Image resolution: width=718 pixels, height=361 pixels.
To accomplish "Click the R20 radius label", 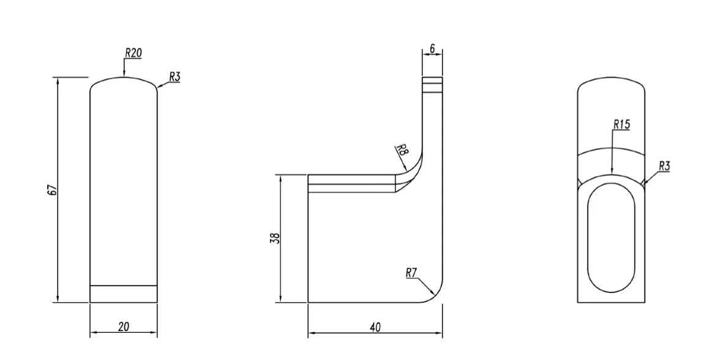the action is [x=133, y=53].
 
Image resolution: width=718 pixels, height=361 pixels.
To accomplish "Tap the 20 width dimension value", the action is [x=124, y=327].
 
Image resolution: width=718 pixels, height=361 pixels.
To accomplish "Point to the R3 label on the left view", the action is [x=174, y=77].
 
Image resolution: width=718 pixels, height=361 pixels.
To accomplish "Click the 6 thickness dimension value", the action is [x=433, y=48].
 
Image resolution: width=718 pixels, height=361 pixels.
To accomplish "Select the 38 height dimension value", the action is [x=275, y=238].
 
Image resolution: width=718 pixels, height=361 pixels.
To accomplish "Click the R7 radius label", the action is [x=411, y=273].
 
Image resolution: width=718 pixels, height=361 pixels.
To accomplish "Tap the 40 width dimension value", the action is [x=375, y=327].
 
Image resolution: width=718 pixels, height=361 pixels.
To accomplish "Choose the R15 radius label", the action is [x=622, y=124].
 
